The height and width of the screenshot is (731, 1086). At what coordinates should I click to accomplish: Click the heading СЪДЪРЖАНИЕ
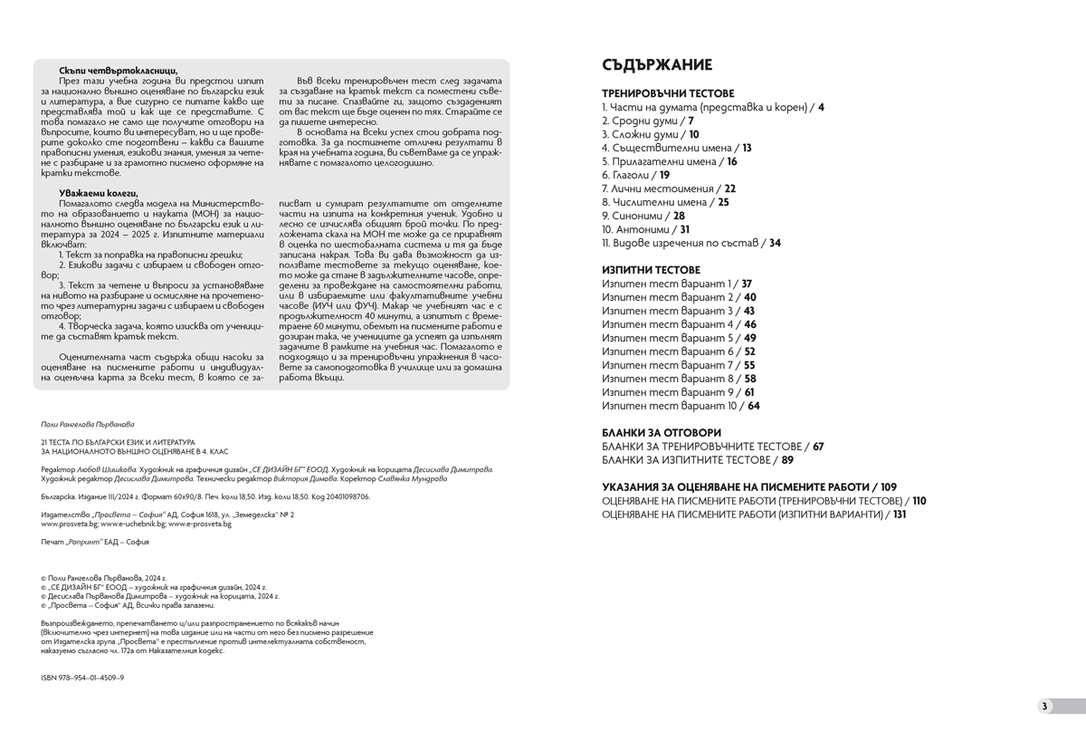coord(656,64)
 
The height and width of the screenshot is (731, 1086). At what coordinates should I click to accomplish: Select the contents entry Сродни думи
coord(639,120)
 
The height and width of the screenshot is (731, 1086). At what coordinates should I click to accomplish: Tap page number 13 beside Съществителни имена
coord(747,148)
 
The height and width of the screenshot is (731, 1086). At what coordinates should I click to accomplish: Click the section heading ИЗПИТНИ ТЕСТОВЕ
coord(651,270)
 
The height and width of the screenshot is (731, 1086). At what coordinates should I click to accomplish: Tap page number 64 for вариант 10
coord(754,406)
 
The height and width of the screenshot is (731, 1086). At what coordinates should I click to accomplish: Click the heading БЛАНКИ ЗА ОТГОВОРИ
coord(662,433)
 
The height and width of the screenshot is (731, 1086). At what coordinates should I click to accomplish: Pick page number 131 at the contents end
coord(899,515)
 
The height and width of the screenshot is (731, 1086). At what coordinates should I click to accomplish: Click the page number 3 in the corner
coord(1043,707)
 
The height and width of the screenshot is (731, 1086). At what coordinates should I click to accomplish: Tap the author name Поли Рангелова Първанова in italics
coord(88,423)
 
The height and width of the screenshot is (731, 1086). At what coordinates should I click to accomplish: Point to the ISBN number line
coord(83,678)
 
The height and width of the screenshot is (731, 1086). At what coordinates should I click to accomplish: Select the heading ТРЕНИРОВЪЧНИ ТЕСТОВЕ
coord(668,93)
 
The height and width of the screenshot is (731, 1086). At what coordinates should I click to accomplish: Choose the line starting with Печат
coord(95,542)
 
